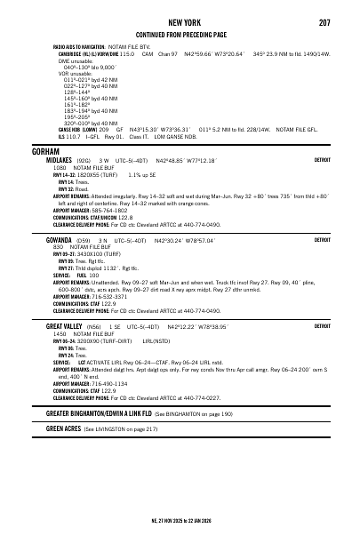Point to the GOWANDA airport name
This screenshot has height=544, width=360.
(x=60, y=240)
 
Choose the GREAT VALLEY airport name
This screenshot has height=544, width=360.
(x=68, y=326)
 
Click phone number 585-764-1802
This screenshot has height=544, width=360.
(x=108, y=210)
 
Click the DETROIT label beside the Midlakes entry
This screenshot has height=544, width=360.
(x=324, y=161)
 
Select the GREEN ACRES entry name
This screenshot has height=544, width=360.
(x=62, y=428)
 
